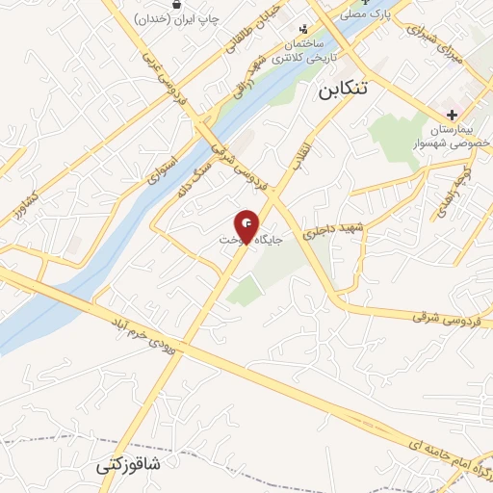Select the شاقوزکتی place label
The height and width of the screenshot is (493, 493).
click(x=129, y=466)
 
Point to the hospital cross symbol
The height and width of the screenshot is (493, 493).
click(x=453, y=114)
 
